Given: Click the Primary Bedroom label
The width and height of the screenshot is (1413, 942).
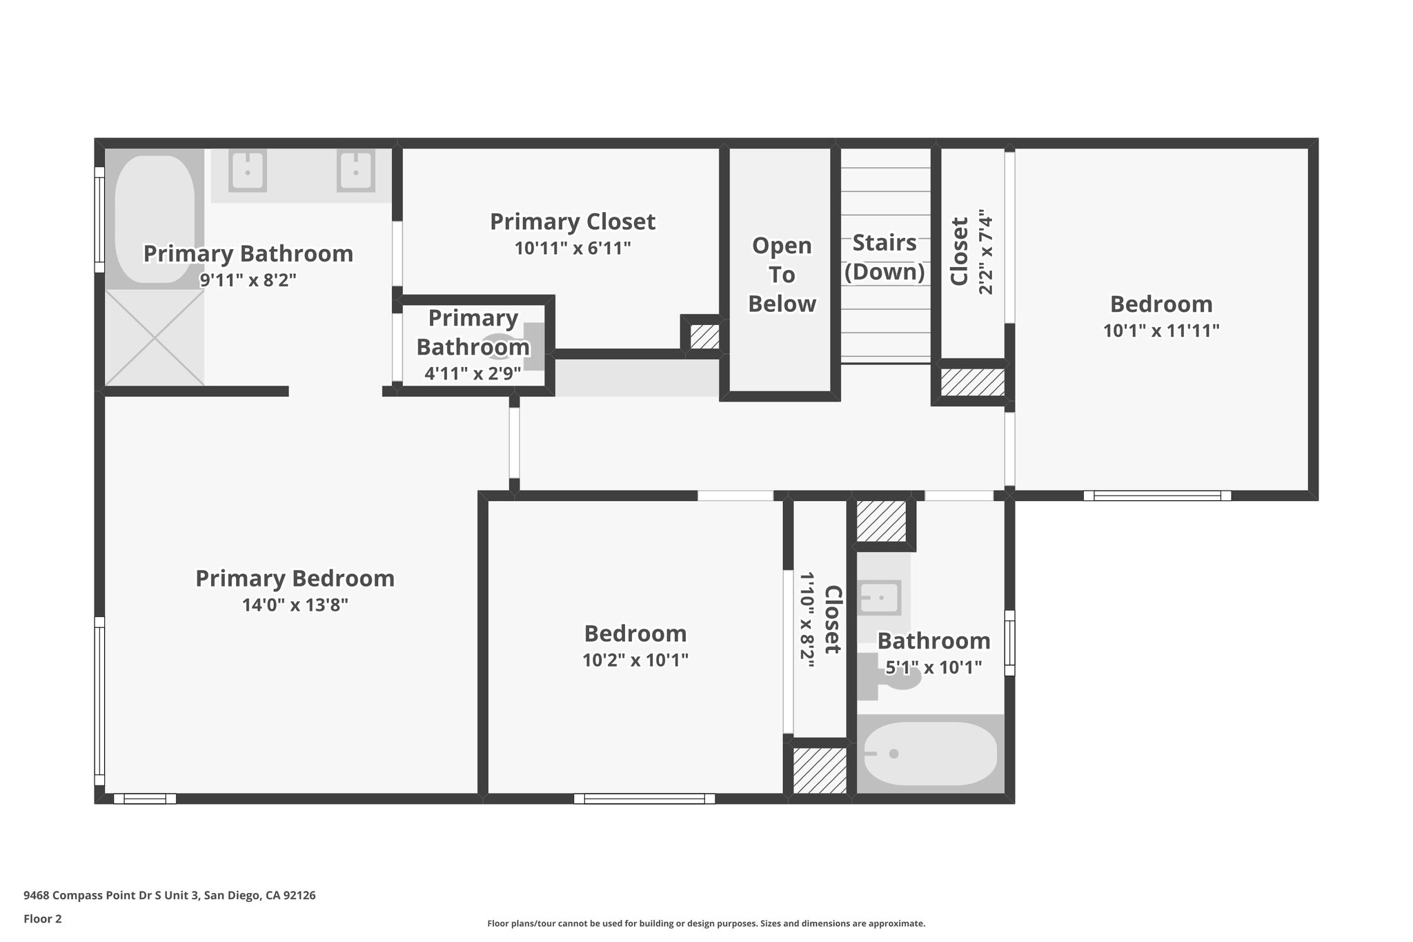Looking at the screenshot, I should (x=295, y=578).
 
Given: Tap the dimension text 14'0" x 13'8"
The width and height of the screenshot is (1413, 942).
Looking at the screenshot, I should (x=295, y=605).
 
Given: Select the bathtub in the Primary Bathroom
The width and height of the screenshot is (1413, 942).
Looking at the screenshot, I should (x=154, y=219).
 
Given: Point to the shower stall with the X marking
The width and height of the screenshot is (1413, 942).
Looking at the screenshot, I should (x=155, y=337).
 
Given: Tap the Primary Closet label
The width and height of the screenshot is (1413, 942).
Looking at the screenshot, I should (x=572, y=222).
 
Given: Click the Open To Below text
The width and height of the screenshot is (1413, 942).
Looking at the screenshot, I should (x=782, y=275).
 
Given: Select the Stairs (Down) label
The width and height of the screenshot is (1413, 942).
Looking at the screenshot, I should (x=885, y=257).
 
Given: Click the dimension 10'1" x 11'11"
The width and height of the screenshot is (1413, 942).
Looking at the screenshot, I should (x=1161, y=331).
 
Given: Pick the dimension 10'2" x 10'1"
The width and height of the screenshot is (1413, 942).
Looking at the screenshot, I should (x=635, y=660).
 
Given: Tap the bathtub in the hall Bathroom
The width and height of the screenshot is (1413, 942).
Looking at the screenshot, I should (x=929, y=754).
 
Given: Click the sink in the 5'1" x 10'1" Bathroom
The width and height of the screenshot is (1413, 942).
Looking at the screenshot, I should (x=880, y=598).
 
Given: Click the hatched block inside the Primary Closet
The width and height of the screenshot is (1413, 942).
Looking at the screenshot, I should (x=704, y=337).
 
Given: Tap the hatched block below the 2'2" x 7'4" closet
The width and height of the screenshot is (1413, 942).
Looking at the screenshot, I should (x=972, y=382).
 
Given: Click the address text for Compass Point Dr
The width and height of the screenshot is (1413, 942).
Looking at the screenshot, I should (x=170, y=896).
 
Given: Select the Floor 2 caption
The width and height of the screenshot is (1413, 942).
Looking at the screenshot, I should (x=43, y=919).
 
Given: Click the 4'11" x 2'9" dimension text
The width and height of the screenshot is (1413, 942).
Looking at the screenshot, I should (x=473, y=374).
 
